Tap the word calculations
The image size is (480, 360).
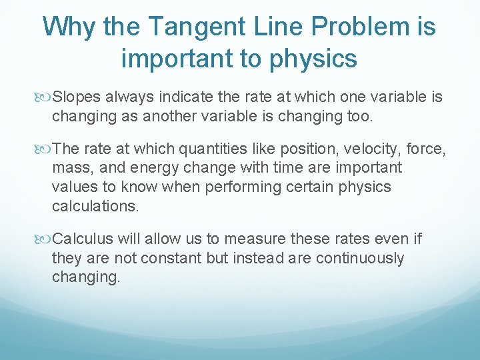pyautogui.click(x=95, y=206)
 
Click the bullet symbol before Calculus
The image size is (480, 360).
pyautogui.click(x=45, y=239)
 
